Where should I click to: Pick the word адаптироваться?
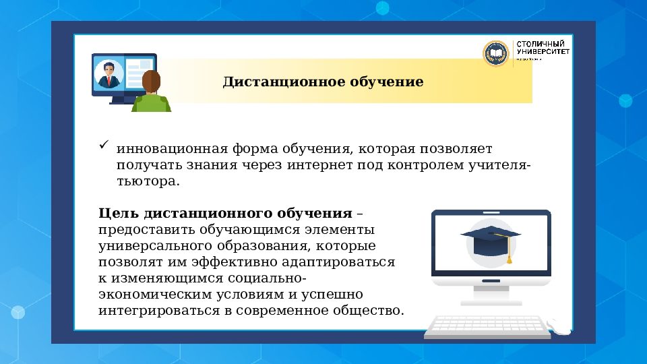pos(346,262)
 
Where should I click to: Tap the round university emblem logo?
pos(496,53)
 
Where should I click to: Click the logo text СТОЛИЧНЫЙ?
pos(540,44)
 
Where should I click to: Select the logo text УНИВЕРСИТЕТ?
pos(543,53)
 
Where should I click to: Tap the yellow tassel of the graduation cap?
pos(510,256)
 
